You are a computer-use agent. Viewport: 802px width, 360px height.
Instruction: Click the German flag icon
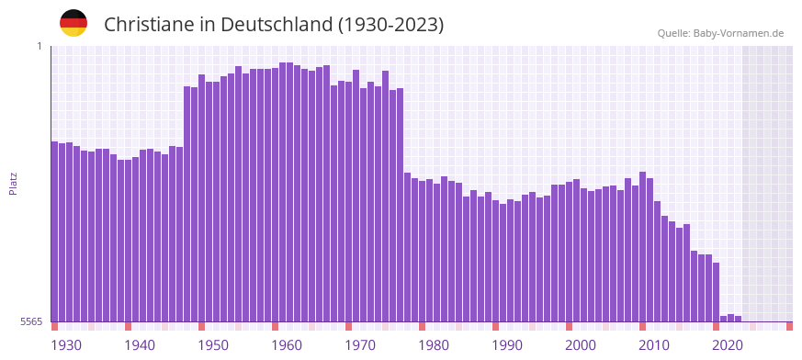(x=73, y=23)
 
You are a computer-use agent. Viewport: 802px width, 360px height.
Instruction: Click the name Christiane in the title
(x=148, y=25)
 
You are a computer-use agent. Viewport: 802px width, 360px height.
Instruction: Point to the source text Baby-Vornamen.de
(x=739, y=33)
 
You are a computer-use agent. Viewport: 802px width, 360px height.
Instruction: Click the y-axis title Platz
(x=13, y=183)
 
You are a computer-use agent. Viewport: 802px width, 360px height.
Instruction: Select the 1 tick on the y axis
(x=40, y=46)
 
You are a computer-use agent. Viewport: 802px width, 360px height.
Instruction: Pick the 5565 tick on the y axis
(x=31, y=321)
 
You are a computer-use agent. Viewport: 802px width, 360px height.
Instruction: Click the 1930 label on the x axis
(x=66, y=345)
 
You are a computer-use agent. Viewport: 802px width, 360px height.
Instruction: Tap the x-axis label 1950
(x=213, y=345)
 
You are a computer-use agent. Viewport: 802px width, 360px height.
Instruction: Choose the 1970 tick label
(x=360, y=345)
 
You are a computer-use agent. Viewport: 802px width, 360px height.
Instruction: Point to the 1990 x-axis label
(x=507, y=345)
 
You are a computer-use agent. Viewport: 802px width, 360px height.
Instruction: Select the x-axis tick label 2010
(x=654, y=345)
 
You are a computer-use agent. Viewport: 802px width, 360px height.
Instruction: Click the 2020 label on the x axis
(x=728, y=345)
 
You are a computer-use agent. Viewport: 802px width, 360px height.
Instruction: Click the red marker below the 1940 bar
(x=129, y=326)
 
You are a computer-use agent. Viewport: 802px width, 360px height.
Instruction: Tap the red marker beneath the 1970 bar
(x=349, y=326)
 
